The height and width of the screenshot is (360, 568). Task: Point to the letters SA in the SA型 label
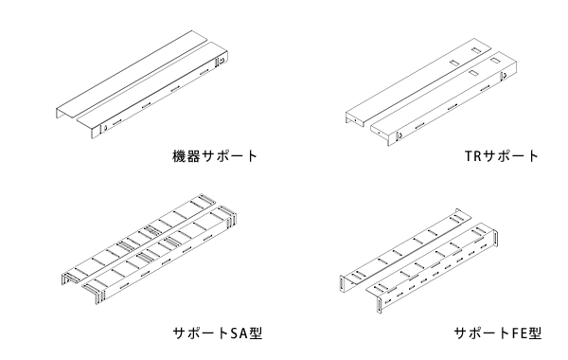pyautogui.click(x=240, y=332)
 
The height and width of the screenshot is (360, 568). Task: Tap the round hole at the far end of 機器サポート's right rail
pyautogui.click(x=222, y=63)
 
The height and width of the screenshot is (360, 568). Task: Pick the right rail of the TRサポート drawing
pyautogui.click(x=445, y=99)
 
